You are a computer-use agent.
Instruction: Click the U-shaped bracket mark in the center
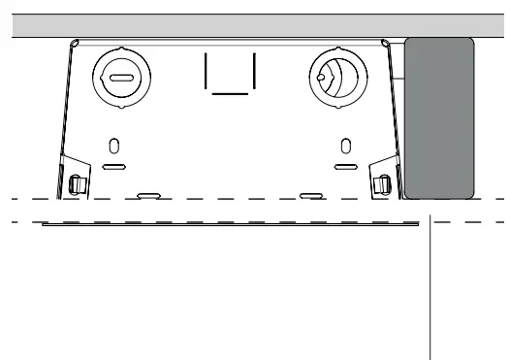click(x=230, y=76)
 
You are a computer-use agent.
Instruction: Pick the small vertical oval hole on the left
click(x=114, y=147)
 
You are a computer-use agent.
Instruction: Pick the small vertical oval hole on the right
click(x=345, y=147)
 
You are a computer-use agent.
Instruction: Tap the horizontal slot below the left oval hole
click(x=114, y=167)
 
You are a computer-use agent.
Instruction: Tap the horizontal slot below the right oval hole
click(x=345, y=167)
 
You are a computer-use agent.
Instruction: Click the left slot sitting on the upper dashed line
click(x=148, y=195)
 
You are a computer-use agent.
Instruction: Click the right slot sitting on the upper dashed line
click(x=311, y=195)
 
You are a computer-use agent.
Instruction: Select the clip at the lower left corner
click(x=78, y=180)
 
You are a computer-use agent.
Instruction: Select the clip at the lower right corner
click(x=383, y=180)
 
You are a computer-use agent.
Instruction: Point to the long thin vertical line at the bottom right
click(x=430, y=291)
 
